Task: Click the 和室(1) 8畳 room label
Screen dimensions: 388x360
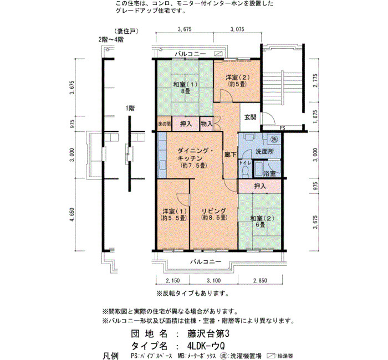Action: (185, 88)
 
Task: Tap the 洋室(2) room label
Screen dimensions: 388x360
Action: (238, 81)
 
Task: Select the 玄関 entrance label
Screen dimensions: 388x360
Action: (250, 117)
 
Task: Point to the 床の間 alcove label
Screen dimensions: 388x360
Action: (164, 124)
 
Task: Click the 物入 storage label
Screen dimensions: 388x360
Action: (207, 124)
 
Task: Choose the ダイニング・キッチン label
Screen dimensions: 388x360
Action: (192, 158)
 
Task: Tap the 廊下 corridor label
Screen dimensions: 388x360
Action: (231, 155)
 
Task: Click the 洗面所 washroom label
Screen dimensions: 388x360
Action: (265, 151)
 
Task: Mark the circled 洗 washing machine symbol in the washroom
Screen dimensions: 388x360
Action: (274, 139)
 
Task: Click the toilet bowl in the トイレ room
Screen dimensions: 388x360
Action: (246, 172)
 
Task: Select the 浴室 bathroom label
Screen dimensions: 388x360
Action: (269, 173)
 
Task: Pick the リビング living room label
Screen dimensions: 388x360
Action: (214, 214)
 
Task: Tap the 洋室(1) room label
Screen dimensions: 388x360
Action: (175, 215)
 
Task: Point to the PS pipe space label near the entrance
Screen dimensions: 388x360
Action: (282, 128)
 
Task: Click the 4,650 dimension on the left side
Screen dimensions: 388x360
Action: (72, 215)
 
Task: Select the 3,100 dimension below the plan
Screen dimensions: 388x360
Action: (213, 281)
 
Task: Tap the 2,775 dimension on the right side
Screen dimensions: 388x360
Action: (315, 80)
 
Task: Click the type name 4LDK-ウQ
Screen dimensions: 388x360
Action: (206, 346)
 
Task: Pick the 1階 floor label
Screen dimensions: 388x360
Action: (130, 109)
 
